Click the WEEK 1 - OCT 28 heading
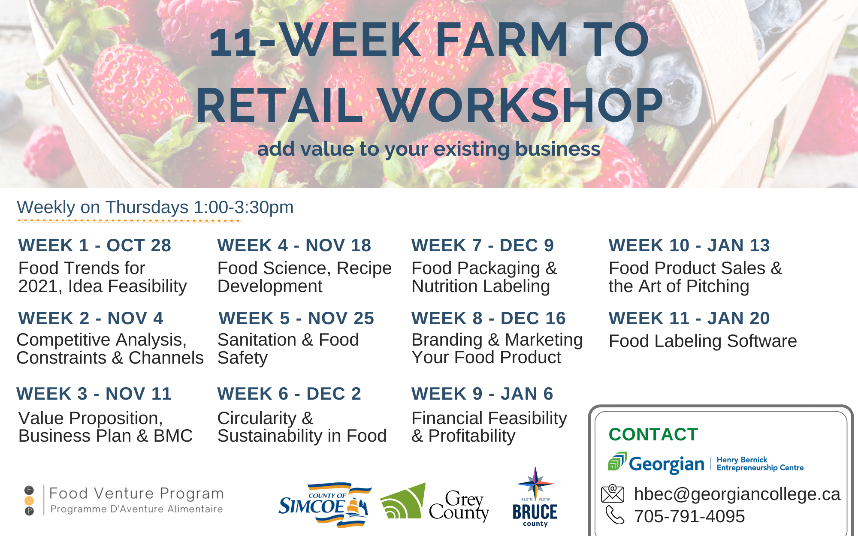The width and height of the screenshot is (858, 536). click(x=95, y=245)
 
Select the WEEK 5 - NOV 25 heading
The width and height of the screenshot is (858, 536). click(x=296, y=318)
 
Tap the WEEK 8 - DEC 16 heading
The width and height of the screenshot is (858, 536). click(x=489, y=318)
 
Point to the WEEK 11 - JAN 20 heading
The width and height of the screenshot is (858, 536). click(x=689, y=318)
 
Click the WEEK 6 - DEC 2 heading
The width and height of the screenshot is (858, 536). click(x=289, y=394)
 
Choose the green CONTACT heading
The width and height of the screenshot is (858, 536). click(x=653, y=434)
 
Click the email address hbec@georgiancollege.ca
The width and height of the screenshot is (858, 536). click(x=737, y=494)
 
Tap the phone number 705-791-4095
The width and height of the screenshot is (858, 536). click(x=689, y=516)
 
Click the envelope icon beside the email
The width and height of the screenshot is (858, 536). click(x=613, y=494)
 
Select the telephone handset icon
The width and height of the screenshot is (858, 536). click(x=615, y=515)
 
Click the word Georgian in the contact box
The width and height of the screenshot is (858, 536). click(x=667, y=464)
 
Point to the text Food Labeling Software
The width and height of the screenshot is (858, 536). click(x=703, y=341)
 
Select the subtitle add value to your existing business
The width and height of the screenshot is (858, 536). click(x=429, y=149)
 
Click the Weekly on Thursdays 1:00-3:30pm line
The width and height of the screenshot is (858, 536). click(x=155, y=207)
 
